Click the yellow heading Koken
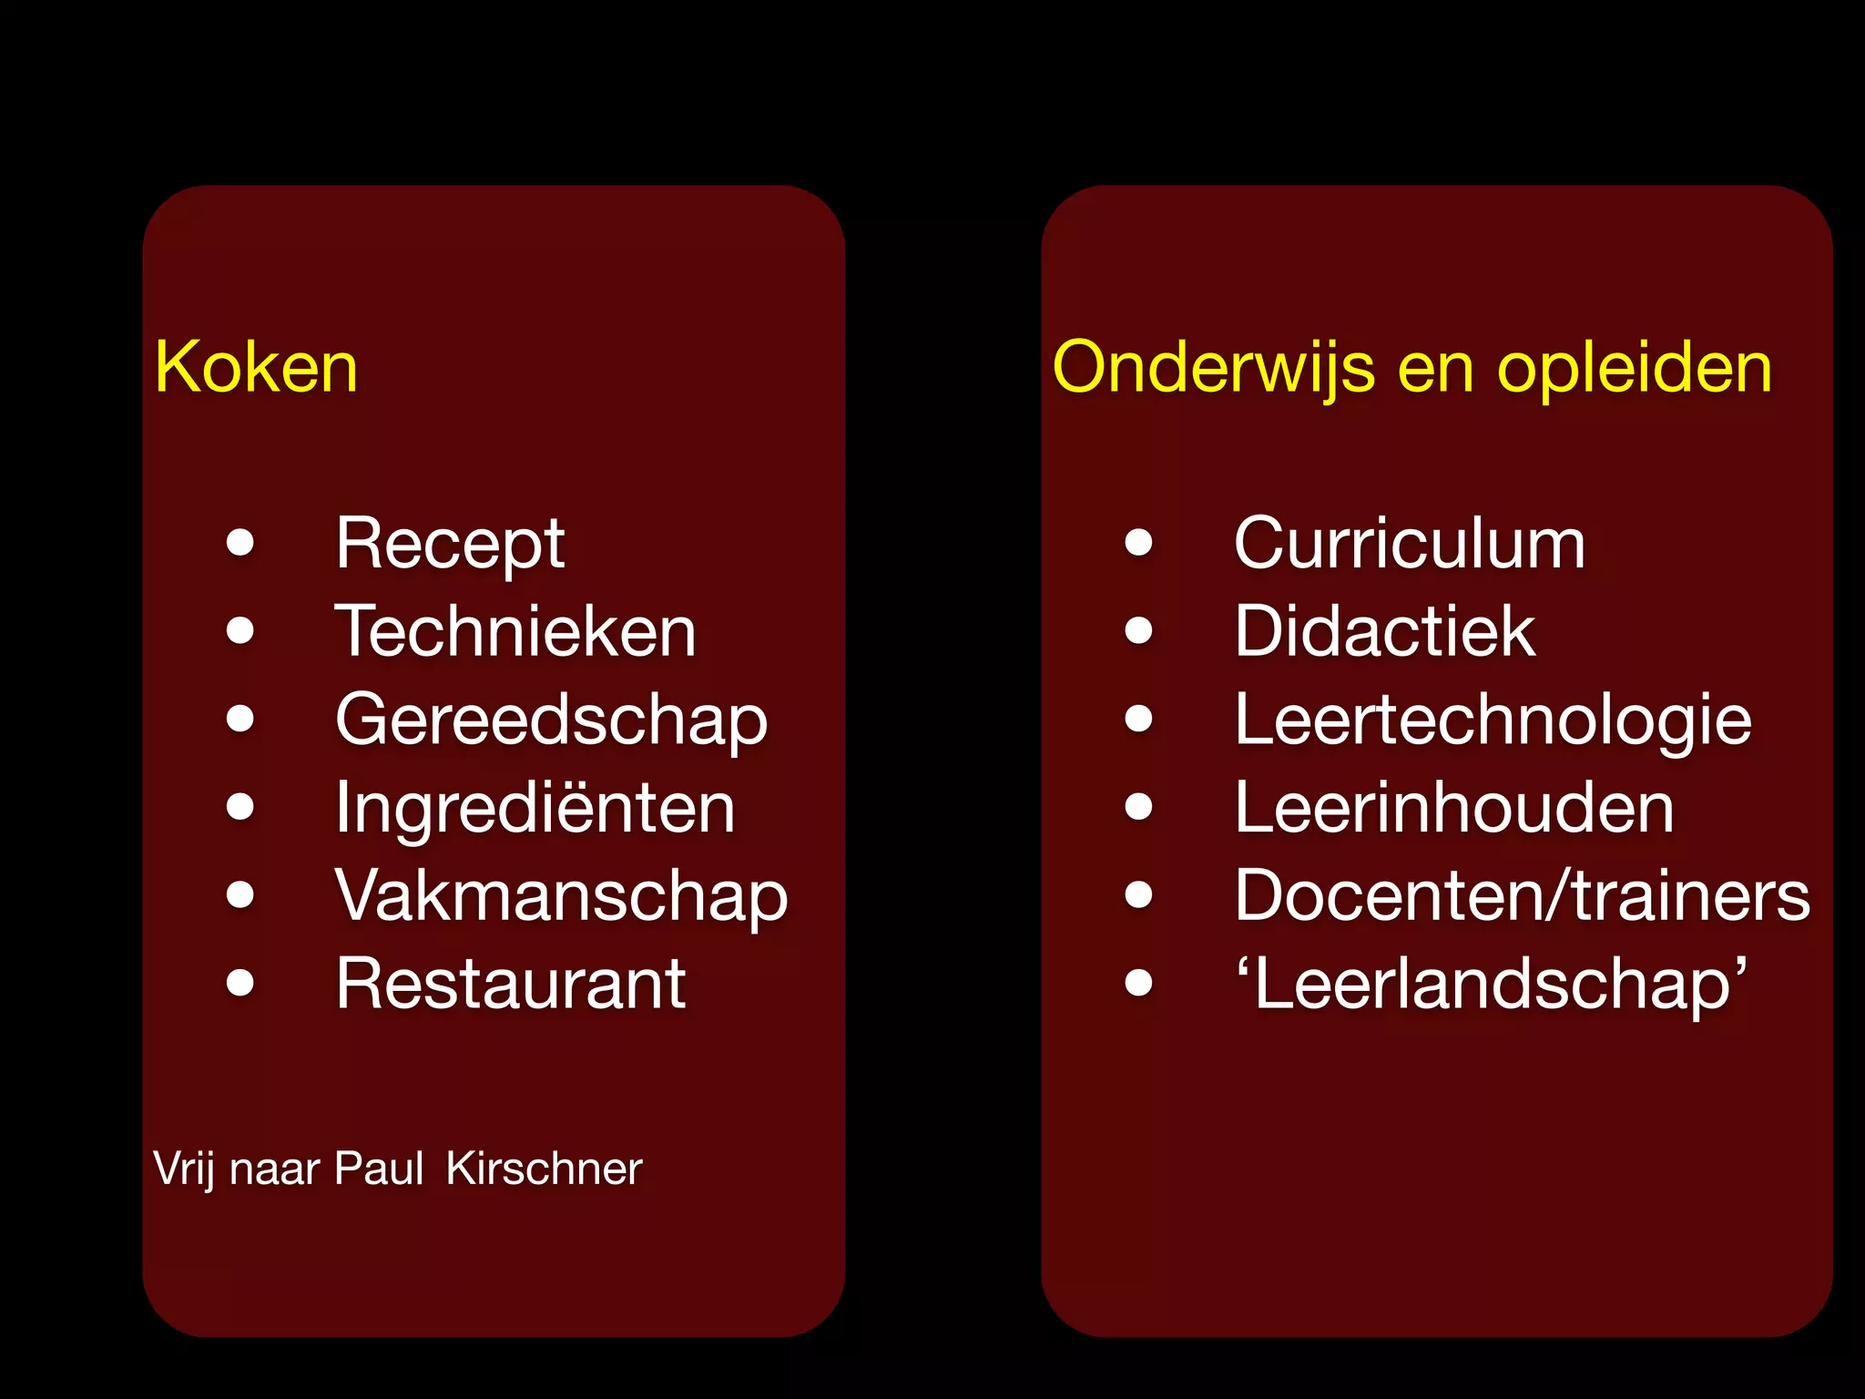[256, 367]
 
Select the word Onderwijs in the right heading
[1213, 367]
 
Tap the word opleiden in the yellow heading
[1635, 367]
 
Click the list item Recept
[450, 544]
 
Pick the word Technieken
[515, 631]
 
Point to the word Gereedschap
[551, 720]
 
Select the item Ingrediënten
[535, 807]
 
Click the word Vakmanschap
[561, 895]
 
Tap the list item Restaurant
[510, 984]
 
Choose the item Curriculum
[1409, 544]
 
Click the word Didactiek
[1384, 631]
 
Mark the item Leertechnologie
[1493, 720]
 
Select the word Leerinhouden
[1454, 807]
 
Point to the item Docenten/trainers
[1523, 895]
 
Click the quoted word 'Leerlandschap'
[1491, 984]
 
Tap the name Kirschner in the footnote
[544, 1169]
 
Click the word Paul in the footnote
[378, 1169]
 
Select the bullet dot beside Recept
[240, 543]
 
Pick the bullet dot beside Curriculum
[1138, 543]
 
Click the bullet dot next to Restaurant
[240, 983]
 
